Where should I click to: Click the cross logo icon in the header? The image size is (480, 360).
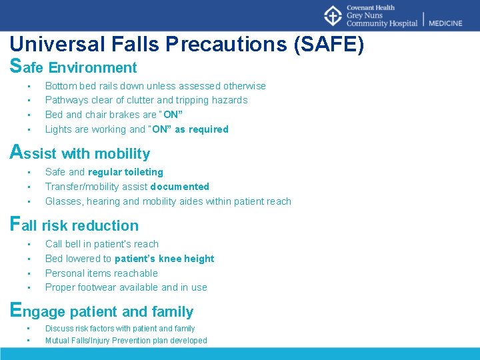(333, 16)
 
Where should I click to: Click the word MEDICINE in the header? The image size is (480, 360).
(445, 23)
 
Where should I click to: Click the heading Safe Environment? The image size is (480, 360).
(74, 67)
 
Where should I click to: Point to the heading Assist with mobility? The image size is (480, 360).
(81, 153)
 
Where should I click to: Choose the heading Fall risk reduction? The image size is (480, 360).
(75, 225)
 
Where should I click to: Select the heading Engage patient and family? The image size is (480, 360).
(102, 311)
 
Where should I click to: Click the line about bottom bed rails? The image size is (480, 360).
(155, 86)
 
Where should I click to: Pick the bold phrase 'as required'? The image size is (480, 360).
(201, 129)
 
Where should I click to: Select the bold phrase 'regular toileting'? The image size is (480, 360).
(125, 172)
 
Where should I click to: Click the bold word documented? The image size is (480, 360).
(180, 187)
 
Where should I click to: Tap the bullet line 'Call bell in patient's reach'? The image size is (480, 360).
(101, 244)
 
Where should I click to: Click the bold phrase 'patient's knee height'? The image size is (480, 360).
(165, 259)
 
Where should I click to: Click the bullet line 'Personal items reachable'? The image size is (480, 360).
(101, 273)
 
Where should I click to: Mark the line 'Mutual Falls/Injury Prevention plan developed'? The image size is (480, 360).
(126, 341)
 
